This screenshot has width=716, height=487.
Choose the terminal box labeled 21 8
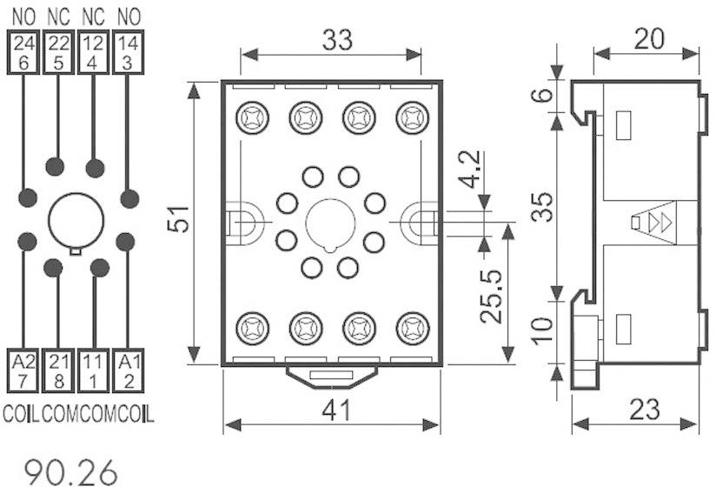click(57, 369)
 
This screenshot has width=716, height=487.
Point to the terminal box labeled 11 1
click(93, 369)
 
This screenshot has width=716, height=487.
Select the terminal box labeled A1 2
click(128, 369)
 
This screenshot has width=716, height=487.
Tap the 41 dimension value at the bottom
click(335, 409)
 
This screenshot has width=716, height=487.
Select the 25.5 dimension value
click(492, 292)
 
